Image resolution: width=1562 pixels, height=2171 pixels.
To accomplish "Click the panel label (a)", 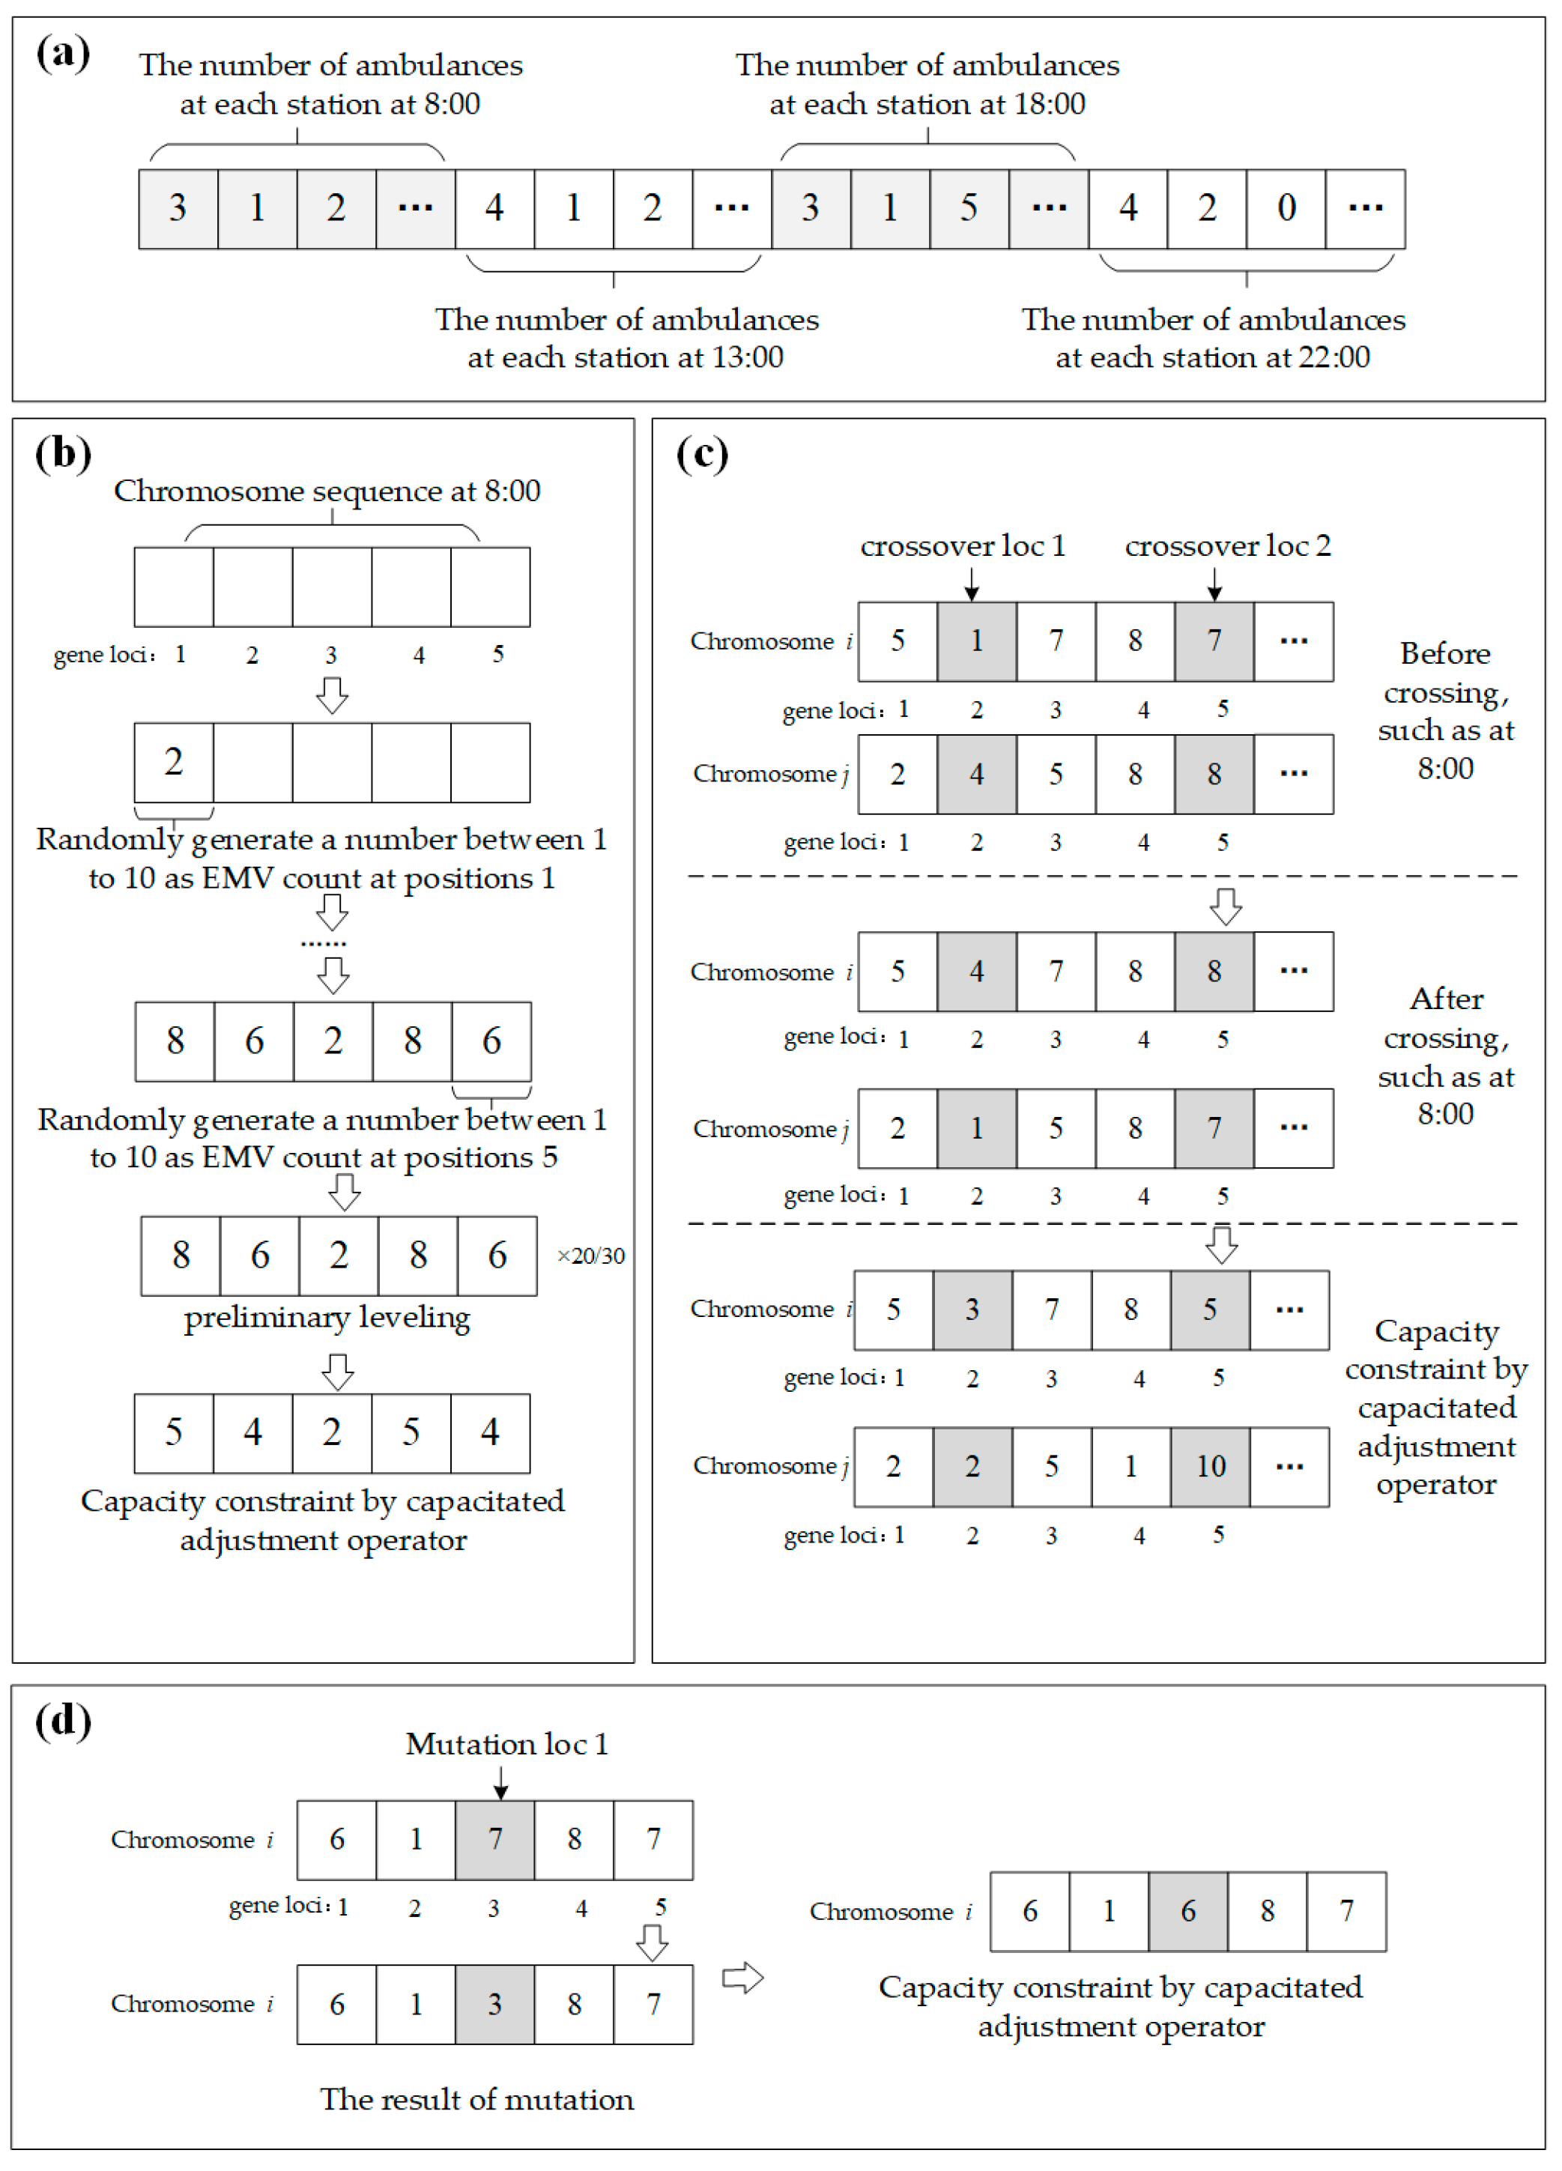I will pos(63,52).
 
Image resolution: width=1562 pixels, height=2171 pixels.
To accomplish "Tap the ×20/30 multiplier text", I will pos(590,1256).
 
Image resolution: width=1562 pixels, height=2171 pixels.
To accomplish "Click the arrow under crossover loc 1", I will pos(972,583).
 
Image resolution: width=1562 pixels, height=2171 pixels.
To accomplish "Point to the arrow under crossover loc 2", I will pos(1214,583).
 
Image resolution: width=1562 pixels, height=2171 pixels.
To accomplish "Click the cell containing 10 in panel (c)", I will pos(1210,1467).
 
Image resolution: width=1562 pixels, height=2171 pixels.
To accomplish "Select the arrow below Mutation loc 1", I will pos(500,1782).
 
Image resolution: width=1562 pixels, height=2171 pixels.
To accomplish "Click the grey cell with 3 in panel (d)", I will pos(495,2005).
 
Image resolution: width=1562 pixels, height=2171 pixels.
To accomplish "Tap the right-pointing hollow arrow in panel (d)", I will pos(742,1978).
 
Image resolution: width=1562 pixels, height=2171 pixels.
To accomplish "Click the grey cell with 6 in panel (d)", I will pos(1187,1912).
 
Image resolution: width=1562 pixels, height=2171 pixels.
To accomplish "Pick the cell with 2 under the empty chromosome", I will pos(173,762).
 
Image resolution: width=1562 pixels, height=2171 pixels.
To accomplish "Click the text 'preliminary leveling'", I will pos(327,1318).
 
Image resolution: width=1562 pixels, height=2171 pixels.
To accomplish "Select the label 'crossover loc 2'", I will pos(1227,545).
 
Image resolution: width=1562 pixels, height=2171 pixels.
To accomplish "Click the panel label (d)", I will pos(63,1720).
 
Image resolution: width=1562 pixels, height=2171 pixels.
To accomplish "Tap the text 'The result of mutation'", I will pos(476,2099).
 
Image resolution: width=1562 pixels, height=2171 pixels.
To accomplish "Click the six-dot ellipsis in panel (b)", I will pos(324,944).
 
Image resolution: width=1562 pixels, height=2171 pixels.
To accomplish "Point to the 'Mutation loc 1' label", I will pos(506,1744).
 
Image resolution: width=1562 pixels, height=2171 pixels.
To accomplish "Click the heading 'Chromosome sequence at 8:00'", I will pos(327,491).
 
